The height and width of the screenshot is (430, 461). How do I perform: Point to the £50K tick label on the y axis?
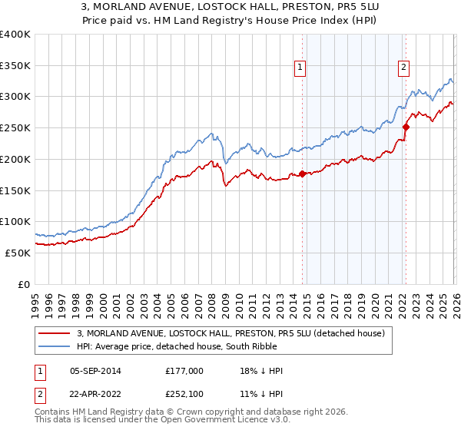pos(18,253)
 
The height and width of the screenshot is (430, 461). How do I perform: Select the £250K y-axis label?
pos(15,128)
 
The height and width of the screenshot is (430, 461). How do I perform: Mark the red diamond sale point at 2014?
pos(302,174)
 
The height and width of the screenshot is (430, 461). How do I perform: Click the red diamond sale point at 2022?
pos(406,127)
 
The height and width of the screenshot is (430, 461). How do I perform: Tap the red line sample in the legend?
pos(55,332)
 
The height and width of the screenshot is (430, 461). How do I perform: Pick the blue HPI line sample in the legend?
pos(55,346)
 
